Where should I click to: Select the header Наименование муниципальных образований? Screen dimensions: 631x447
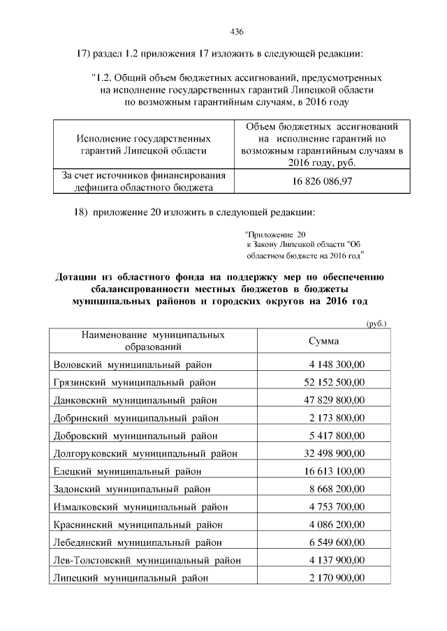point(153,340)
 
